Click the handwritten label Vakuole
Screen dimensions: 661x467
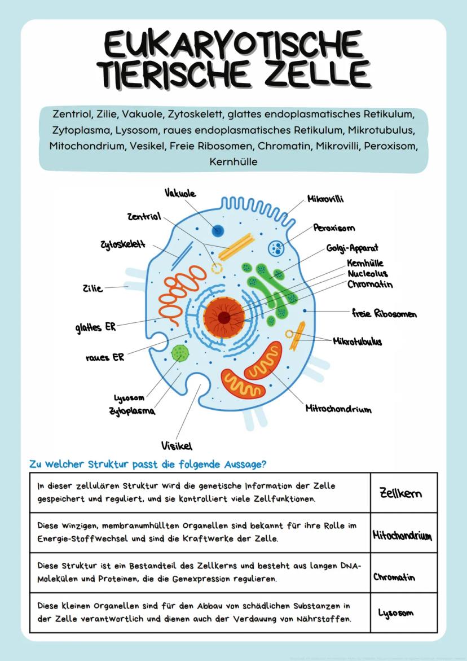(180, 194)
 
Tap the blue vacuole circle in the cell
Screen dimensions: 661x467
(218, 230)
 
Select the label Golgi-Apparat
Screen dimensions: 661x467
(352, 248)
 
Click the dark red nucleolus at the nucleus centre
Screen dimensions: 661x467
(224, 317)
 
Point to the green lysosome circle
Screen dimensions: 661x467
(180, 353)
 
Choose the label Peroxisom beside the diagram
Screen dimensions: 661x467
(334, 228)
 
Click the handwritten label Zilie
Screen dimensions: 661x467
(92, 288)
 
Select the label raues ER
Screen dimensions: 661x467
(105, 357)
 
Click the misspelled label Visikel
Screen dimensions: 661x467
(176, 445)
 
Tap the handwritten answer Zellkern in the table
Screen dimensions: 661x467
(400, 493)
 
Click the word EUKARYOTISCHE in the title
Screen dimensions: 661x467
(233, 46)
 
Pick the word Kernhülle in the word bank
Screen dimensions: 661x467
(233, 162)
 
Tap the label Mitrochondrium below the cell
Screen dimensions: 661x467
(338, 409)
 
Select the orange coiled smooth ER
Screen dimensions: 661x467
(182, 298)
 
